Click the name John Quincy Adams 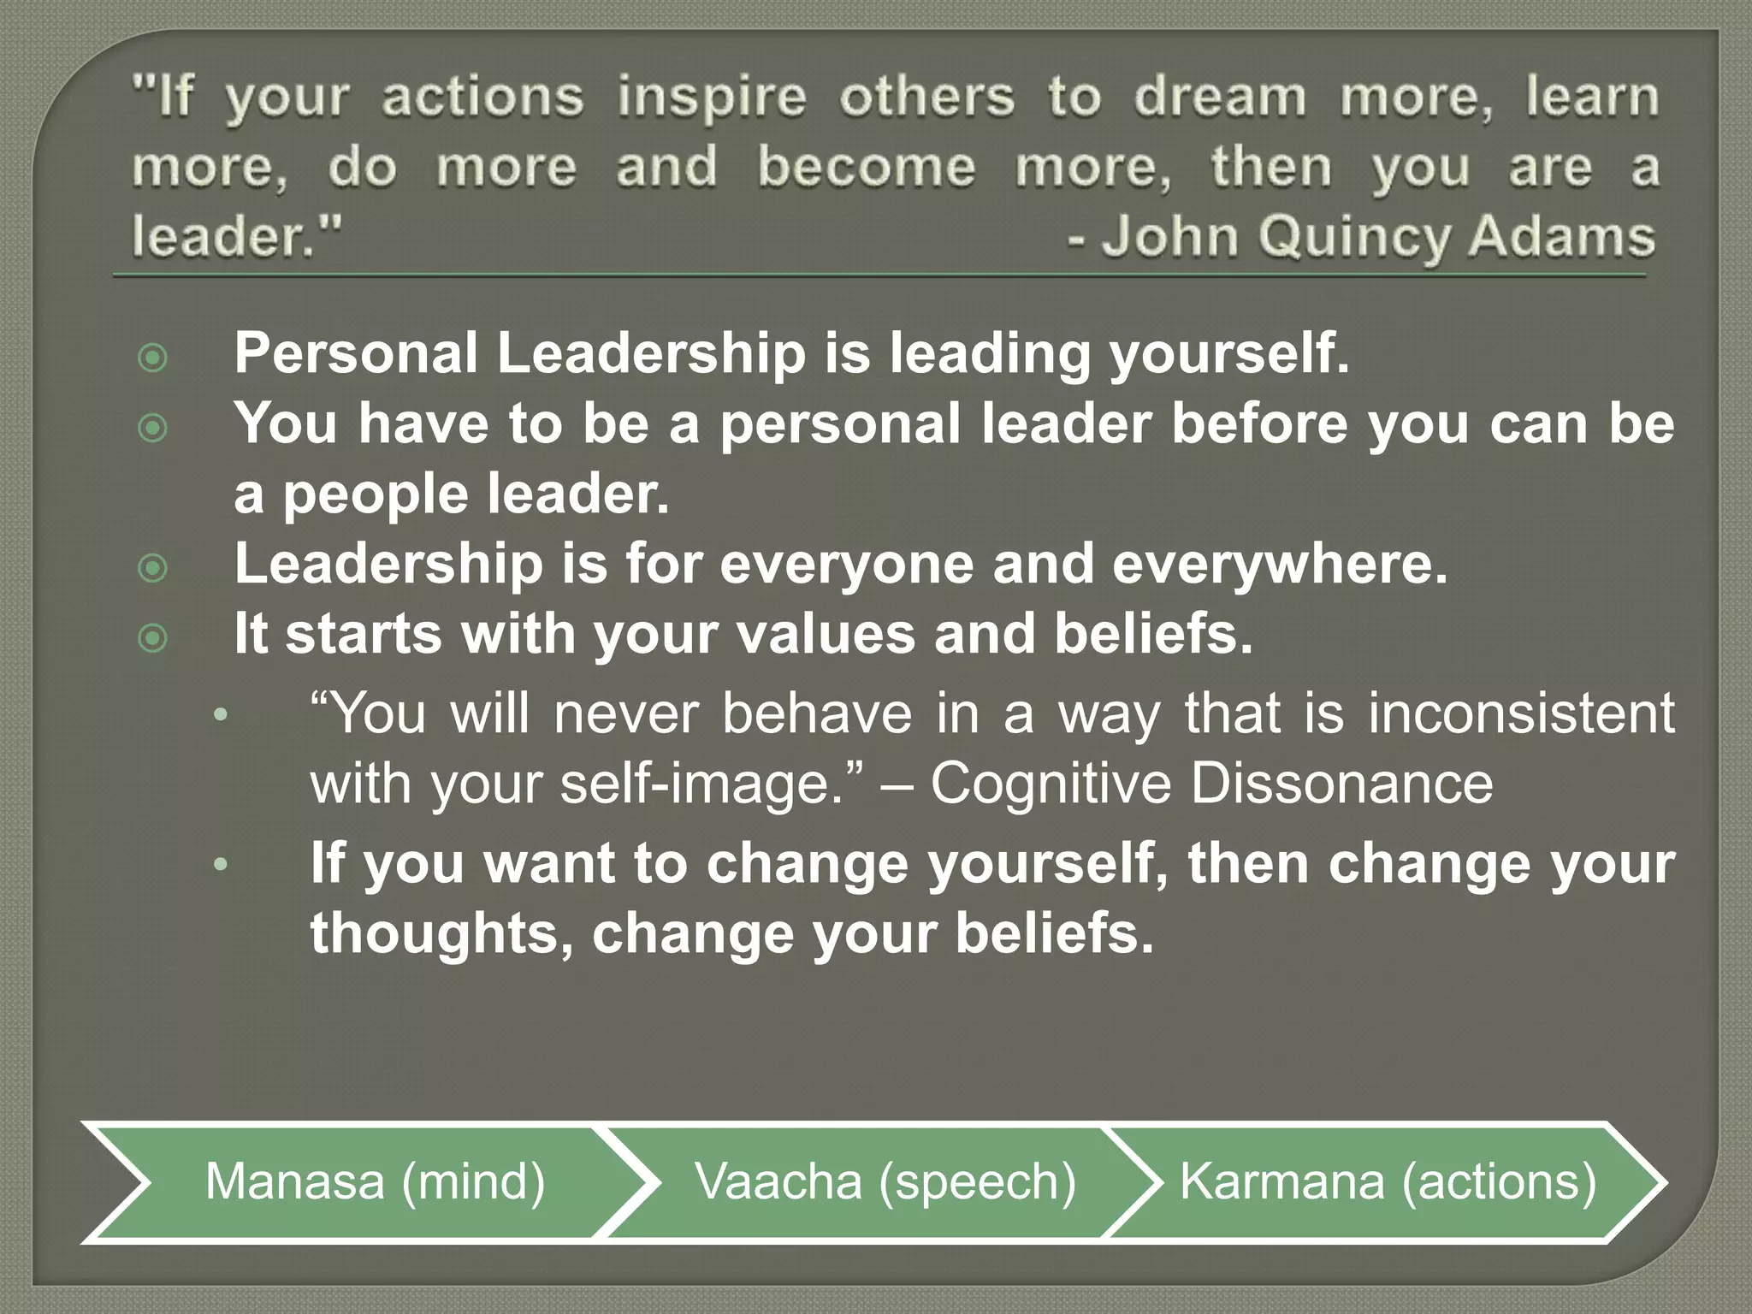click(1377, 237)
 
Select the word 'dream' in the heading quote click(1220, 97)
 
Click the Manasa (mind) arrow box click(375, 1181)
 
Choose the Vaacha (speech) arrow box click(885, 1181)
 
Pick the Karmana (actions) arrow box click(1388, 1181)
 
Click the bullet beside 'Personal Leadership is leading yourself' click(153, 358)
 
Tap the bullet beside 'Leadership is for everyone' click(153, 568)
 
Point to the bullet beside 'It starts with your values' click(153, 638)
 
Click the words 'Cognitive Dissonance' click(1211, 783)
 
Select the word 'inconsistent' click(1521, 713)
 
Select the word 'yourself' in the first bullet click(1228, 354)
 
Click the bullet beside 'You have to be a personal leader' click(153, 428)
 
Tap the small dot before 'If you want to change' click(221, 864)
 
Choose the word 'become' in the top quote click(866, 167)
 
